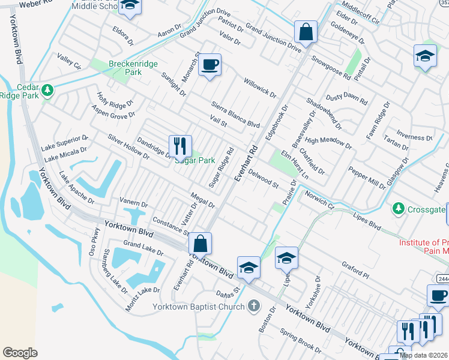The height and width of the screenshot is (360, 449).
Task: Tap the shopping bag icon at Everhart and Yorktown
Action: tap(200, 244)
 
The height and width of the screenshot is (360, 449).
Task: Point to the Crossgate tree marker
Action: tap(397, 208)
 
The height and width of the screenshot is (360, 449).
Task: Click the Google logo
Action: tap(20, 352)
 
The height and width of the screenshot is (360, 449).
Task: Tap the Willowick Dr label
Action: tap(259, 88)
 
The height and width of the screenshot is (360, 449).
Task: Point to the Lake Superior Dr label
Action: tap(64, 143)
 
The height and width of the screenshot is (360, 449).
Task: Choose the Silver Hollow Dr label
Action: tap(128, 146)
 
